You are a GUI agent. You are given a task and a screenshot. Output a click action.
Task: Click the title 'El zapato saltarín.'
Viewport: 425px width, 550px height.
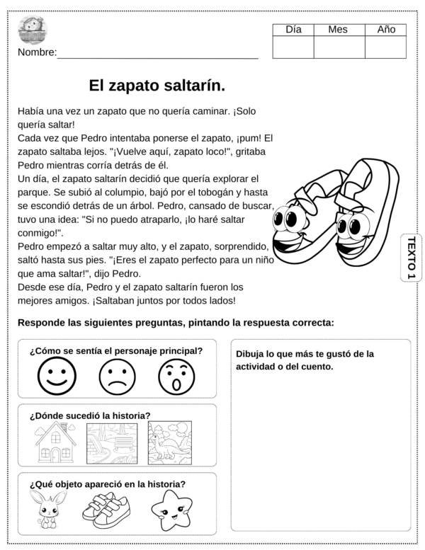157,86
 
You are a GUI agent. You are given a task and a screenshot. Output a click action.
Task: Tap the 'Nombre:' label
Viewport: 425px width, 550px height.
37,53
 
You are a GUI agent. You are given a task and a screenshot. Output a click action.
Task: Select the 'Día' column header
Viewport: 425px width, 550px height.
293,29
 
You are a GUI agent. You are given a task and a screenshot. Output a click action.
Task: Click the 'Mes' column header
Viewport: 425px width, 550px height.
339,29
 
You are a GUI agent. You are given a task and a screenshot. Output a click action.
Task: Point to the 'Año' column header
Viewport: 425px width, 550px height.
386,29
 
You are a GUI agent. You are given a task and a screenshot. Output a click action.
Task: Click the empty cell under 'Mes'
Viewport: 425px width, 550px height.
339,47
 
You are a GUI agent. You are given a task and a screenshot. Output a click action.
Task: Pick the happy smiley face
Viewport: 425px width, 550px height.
57,377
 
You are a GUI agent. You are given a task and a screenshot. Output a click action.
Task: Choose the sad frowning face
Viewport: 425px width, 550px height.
117,377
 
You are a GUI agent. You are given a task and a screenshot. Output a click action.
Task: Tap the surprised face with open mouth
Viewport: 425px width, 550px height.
176,377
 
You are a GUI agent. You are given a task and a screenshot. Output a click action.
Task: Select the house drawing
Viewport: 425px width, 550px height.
56,443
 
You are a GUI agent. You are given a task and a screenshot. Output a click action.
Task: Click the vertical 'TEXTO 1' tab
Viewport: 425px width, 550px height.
412,258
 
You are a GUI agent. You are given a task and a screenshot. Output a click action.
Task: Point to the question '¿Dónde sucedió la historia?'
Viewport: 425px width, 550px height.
90,416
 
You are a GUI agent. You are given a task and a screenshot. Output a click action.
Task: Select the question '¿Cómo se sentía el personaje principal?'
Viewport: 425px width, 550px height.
116,350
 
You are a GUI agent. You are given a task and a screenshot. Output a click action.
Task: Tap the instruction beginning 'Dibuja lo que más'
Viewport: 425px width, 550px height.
304,360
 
